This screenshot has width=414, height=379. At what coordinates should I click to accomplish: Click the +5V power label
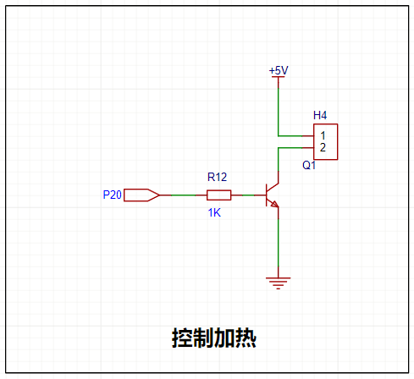pos(279,70)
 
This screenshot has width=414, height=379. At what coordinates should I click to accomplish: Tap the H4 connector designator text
pos(320,115)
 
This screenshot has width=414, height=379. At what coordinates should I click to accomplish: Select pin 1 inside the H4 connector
pos(323,135)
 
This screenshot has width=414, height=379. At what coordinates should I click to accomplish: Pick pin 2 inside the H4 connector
pos(323,147)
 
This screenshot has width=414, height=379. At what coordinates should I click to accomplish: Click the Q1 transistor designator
pos(309,165)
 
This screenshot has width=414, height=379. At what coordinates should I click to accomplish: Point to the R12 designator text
pos(217,177)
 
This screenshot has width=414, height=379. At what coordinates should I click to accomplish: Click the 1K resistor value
pos(214,212)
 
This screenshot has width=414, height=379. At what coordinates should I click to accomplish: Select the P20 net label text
pos(112,195)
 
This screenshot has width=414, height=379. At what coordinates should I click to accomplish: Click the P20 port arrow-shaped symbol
pos(141,195)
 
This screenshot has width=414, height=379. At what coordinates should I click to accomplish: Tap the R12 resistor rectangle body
pos(219,195)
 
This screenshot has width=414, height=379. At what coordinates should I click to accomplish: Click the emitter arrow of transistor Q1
pos(274,204)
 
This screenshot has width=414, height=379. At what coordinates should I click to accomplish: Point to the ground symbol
pos(278,283)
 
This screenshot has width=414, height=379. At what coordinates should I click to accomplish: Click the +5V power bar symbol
pos(279,77)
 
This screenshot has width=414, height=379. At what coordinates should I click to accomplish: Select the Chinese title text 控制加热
pos(214,338)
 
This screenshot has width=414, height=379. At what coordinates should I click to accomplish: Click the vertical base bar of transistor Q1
pos(267,195)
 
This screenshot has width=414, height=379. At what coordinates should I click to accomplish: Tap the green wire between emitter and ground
pos(279,243)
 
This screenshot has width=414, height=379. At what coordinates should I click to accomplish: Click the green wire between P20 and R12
pos(183,195)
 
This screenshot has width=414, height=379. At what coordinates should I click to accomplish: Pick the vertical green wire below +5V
pos(279,112)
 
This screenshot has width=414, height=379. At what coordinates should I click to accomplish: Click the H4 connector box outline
pos(338,142)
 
